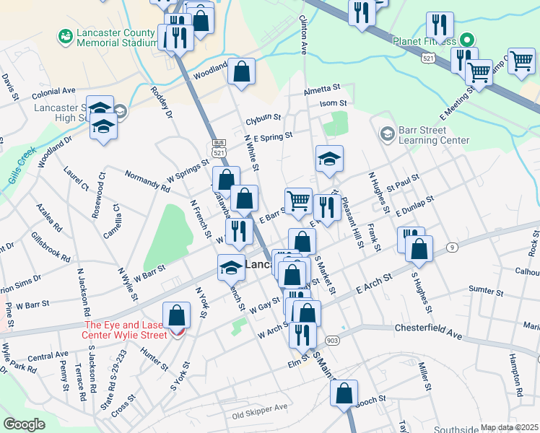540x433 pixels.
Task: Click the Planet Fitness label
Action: point(424,42)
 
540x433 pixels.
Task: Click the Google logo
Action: point(24,424)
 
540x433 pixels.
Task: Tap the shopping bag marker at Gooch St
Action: point(344,394)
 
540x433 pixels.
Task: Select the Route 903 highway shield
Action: point(331,340)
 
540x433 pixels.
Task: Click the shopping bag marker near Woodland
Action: point(242,71)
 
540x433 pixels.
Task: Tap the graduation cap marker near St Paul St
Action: point(329,159)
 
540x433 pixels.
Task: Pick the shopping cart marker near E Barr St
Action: point(298,202)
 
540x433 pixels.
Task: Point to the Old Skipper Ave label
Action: point(259,416)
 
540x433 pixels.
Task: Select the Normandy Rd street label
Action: point(147,181)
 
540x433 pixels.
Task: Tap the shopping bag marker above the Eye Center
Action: point(177,316)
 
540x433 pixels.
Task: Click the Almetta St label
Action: point(321,87)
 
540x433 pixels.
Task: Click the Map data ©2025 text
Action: point(510,427)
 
